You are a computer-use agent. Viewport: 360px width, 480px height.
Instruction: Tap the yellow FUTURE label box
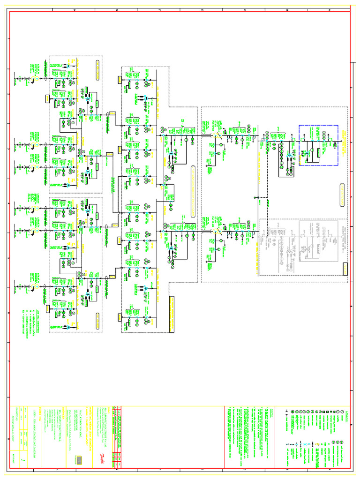click(345, 270)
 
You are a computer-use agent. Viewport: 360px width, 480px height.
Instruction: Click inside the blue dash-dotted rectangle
click(319, 145)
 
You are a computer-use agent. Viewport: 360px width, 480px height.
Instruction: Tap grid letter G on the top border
click(117, 10)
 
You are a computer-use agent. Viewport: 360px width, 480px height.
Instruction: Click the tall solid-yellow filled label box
click(172, 307)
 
